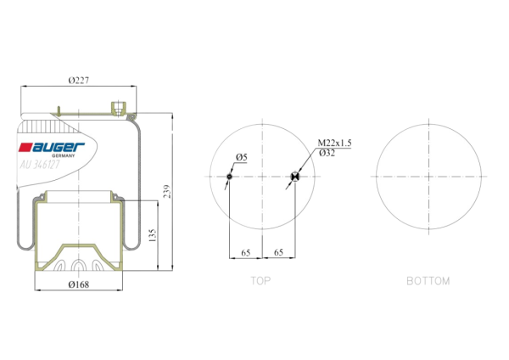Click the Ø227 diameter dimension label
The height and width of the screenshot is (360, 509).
click(79, 81)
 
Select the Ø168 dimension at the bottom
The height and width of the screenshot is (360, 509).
click(79, 284)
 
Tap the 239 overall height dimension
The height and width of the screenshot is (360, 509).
click(167, 192)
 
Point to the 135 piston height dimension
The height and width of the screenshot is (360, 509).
click(153, 235)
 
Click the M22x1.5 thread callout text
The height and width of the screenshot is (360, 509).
click(334, 143)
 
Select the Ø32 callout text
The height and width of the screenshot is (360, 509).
click(327, 153)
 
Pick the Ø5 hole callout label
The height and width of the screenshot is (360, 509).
click(242, 157)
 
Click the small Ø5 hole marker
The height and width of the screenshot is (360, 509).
click(230, 177)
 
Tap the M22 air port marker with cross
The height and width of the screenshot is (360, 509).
click(295, 177)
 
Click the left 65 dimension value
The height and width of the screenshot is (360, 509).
click(246, 252)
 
